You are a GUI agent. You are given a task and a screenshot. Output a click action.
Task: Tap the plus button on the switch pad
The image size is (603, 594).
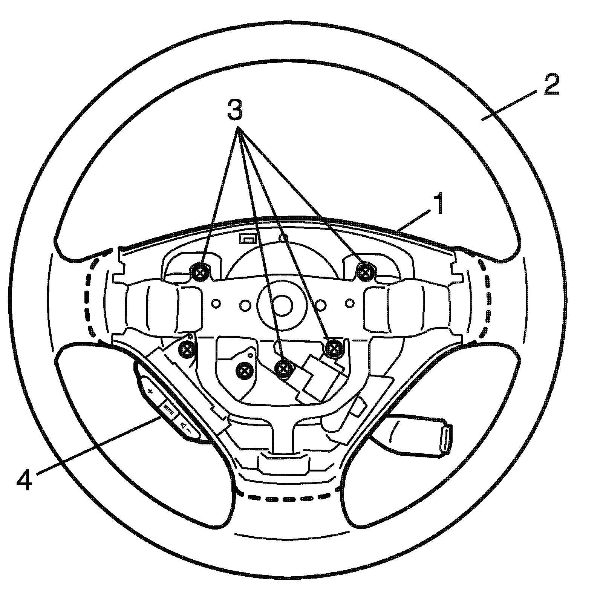coord(150,391)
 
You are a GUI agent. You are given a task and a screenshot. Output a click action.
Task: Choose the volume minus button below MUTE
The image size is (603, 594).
coord(185,427)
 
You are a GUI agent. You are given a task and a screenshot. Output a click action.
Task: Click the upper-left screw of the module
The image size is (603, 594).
coord(200,271)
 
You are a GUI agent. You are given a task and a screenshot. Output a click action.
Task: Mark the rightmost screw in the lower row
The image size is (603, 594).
coord(332,347)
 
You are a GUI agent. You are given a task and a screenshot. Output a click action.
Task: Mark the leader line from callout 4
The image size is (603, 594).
coord(94,444)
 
